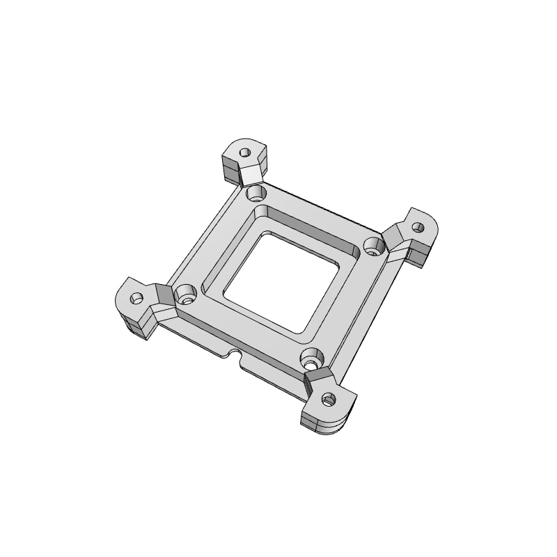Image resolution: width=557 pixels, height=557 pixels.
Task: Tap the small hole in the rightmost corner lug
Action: click(418, 227)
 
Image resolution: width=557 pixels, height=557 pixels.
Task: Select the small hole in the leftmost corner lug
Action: click(137, 297)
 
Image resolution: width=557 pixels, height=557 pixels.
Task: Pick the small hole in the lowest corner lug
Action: click(329, 400)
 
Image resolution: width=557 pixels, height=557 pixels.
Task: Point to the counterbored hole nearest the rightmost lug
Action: click(374, 245)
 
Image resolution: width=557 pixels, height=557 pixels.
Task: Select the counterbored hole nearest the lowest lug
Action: click(311, 361)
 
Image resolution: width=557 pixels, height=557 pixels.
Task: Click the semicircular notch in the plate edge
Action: click(235, 356)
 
